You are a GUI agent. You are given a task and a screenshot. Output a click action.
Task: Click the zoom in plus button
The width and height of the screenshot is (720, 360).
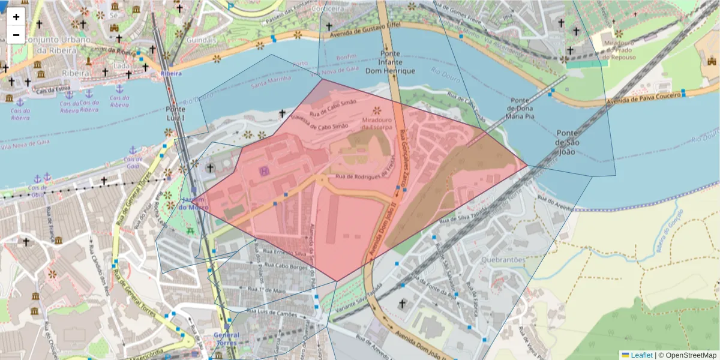(x=16, y=17)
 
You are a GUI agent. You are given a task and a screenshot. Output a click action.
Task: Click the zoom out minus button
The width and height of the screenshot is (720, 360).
(x=16, y=35)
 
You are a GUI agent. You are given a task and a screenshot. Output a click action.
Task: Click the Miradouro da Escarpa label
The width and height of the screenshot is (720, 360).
(x=377, y=123)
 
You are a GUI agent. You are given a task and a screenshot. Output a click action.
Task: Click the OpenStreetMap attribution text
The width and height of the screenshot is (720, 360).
(x=690, y=355)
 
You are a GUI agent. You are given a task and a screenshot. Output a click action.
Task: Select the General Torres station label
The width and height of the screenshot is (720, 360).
(x=226, y=340)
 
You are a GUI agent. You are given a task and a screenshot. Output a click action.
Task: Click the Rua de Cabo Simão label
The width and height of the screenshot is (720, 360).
(x=333, y=107)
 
